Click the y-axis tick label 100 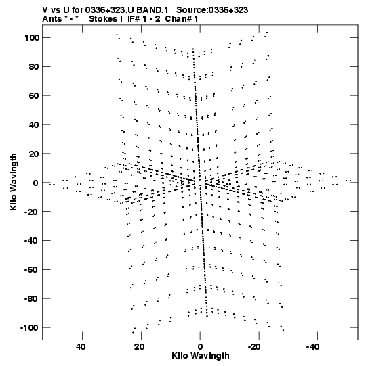tap(32, 38)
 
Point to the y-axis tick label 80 tap(34, 67)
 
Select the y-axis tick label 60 tap(34, 95)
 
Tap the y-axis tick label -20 tap(32, 212)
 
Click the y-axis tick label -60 tap(32, 270)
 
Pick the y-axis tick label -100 tap(29, 327)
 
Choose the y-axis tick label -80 tap(32, 298)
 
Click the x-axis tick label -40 tap(312, 347)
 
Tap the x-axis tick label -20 tap(253, 347)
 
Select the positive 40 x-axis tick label tap(81, 347)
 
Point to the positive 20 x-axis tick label tap(140, 347)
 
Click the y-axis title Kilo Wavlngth tap(14, 182)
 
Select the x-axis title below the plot tap(201, 356)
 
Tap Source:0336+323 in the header tap(212, 10)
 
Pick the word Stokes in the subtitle tap(103, 19)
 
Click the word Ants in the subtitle tap(51, 19)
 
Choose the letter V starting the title tap(45, 10)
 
